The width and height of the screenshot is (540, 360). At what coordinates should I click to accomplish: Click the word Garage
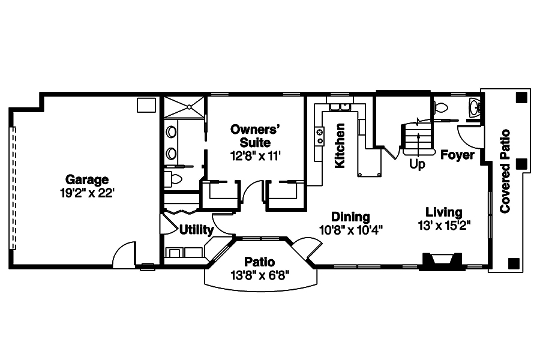87,179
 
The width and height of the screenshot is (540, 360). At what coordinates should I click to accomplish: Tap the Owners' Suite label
256,136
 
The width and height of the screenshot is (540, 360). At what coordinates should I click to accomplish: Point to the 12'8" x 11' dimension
256,155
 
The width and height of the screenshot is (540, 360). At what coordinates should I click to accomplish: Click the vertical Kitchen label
340,146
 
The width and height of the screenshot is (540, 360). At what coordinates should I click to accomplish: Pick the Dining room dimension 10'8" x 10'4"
350,229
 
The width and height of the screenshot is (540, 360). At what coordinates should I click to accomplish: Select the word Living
443,212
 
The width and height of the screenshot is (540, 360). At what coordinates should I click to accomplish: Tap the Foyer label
457,155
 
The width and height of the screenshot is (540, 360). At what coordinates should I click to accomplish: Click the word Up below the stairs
417,163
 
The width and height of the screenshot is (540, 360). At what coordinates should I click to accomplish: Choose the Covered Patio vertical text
505,171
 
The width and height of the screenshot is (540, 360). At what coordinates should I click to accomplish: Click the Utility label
196,230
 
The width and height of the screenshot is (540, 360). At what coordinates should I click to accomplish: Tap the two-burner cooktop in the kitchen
320,136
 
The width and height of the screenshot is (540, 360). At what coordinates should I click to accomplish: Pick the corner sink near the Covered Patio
474,108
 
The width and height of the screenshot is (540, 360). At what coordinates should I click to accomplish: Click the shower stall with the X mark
184,107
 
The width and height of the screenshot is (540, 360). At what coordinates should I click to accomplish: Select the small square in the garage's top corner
146,105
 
